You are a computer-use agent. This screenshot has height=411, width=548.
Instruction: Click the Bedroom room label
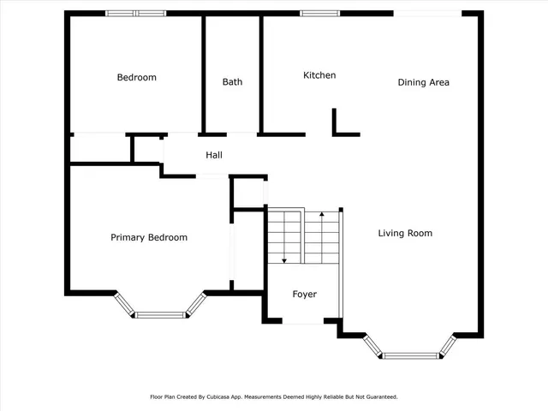coord(137,78)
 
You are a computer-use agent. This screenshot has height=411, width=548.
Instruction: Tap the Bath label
coord(232,82)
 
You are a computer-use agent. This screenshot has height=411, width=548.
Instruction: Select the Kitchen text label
coord(319,75)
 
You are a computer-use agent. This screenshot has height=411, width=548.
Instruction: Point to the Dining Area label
coord(423,82)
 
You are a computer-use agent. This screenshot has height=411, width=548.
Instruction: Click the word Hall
coord(213,155)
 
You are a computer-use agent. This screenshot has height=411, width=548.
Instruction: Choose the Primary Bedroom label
coord(149,237)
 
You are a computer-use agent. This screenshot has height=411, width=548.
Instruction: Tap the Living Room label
coord(405,233)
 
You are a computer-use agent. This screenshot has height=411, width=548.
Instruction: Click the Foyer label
coord(304,295)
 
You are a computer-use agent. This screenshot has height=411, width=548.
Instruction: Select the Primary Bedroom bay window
coord(161,313)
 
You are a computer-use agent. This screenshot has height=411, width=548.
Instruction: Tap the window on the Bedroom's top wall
coord(135,13)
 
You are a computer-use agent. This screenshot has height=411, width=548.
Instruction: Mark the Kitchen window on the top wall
coord(318,13)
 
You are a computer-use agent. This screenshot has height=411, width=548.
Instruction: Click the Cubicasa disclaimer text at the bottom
coord(274,396)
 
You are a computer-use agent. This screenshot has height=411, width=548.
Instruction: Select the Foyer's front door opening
coord(303,323)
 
